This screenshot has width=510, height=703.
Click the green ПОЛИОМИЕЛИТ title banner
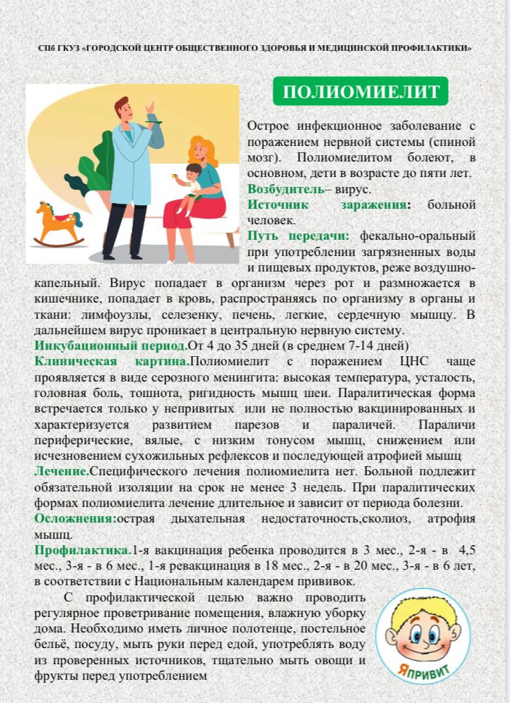pos(361,92)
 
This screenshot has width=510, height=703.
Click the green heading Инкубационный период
pos(110,346)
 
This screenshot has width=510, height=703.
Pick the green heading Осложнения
pos(75,518)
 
